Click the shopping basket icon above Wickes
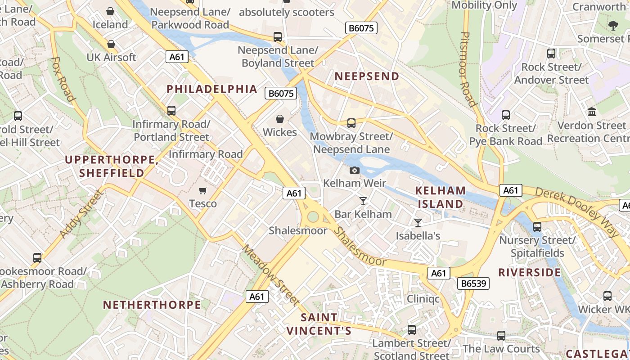(x=280, y=119)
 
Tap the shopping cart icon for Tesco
(x=203, y=191)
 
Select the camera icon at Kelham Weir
(x=355, y=170)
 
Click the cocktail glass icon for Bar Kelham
(x=363, y=201)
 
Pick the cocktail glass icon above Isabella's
(x=418, y=222)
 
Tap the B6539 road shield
(x=473, y=283)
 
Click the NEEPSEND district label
(x=367, y=76)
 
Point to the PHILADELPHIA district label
(x=212, y=89)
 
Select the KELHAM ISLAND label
(x=440, y=197)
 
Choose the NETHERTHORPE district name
(x=152, y=305)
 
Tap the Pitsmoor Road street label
(x=468, y=69)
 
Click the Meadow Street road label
(x=270, y=274)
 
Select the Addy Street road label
(x=81, y=214)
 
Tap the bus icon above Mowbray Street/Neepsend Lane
(x=351, y=123)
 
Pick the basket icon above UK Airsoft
(x=111, y=44)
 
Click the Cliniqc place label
(x=423, y=299)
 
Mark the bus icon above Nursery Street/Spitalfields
(x=537, y=227)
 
